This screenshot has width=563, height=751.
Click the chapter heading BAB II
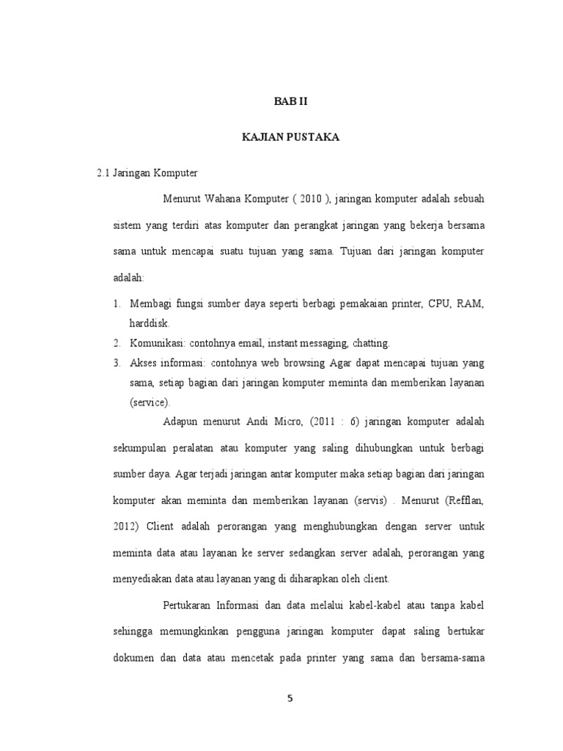tap(291, 102)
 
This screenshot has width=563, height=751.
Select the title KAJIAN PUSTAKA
tap(291, 138)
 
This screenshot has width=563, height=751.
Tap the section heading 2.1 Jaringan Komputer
tap(147, 173)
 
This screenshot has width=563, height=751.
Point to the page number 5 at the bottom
tap(290, 698)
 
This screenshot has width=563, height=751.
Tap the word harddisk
tap(150, 323)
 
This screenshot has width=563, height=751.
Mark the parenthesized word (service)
tap(150, 403)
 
